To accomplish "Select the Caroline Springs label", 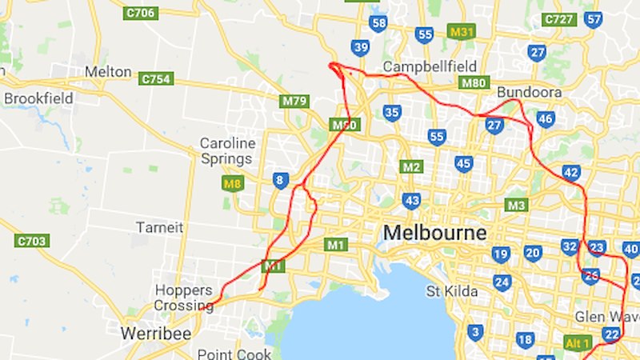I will click(228, 150).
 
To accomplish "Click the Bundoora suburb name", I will click(529, 93).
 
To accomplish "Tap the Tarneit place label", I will click(159, 227).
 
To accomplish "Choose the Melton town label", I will click(107, 71).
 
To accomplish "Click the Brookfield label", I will click(38, 98).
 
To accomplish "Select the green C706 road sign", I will click(140, 13).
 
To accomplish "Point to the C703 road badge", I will click(32, 240).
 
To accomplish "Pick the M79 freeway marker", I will click(294, 101).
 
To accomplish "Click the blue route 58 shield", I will click(378, 23).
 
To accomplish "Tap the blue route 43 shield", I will click(412, 200).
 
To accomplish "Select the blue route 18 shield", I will click(524, 340).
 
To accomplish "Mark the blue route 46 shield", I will click(546, 119).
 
